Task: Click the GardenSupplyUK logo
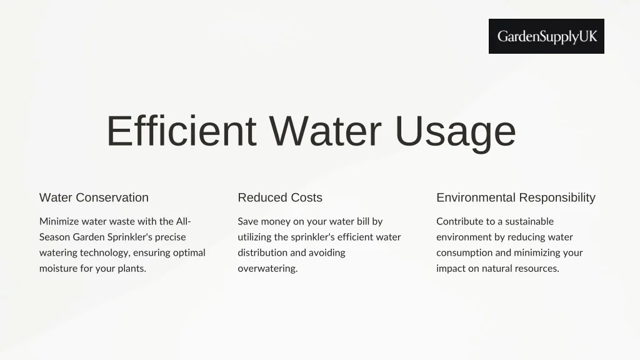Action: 546,36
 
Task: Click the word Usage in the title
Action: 456,131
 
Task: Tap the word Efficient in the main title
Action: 181,131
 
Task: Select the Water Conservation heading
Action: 94,197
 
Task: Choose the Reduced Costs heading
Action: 280,197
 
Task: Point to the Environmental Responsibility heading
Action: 516,197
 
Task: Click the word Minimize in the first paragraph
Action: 59,221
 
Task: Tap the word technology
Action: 103,253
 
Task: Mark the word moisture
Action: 59,269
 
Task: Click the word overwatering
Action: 267,269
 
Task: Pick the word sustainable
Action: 529,221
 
